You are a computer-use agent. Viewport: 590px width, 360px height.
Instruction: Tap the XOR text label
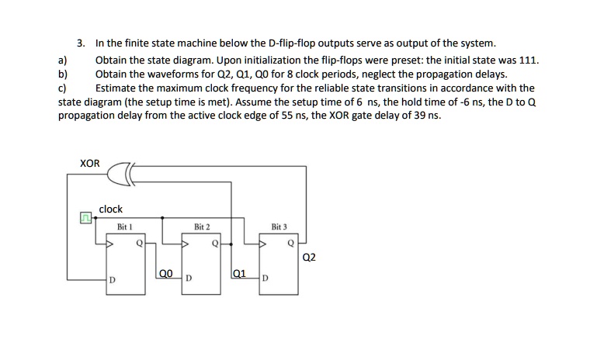pyautogui.click(x=90, y=163)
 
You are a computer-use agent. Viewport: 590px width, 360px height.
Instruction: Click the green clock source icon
pyautogui.click(x=88, y=219)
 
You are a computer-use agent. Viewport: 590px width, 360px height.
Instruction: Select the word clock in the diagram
pyautogui.click(x=111, y=209)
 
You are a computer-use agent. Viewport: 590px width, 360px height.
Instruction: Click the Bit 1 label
pyautogui.click(x=125, y=227)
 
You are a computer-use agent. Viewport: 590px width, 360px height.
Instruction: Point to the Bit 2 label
pyautogui.click(x=202, y=227)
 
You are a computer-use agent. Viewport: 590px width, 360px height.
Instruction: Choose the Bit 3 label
pyautogui.click(x=279, y=227)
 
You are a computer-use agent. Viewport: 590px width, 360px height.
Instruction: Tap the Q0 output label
pyautogui.click(x=165, y=273)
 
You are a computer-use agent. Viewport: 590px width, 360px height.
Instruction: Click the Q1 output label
pyautogui.click(x=240, y=273)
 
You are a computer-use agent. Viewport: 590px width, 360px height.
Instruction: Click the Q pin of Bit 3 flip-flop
pyautogui.click(x=290, y=242)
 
